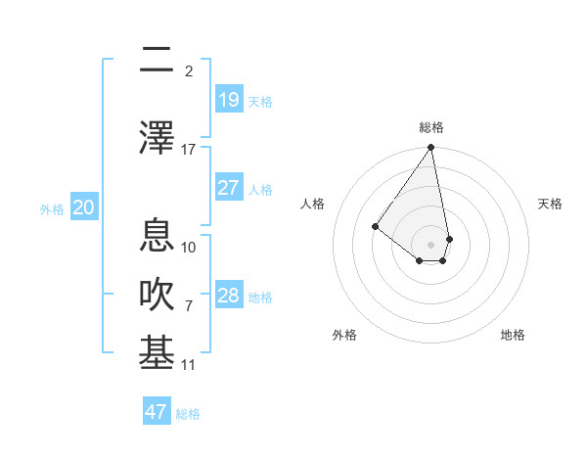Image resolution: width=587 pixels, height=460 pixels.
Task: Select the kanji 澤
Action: pyautogui.click(x=157, y=137)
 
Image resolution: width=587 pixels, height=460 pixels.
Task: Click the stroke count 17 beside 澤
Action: pyautogui.click(x=189, y=150)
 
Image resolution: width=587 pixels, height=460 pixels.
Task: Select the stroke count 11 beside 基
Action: pyautogui.click(x=189, y=365)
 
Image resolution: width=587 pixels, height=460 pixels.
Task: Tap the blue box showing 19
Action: pyautogui.click(x=229, y=100)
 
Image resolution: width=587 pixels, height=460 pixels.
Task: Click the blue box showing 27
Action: pyautogui.click(x=229, y=188)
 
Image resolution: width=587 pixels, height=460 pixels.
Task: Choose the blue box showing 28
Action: pyautogui.click(x=229, y=296)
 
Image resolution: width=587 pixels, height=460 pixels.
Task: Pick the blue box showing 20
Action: pyautogui.click(x=84, y=207)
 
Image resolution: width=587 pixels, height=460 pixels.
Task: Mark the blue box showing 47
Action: pyautogui.click(x=157, y=412)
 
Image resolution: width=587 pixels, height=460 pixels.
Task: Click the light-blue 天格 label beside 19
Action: pyautogui.click(x=260, y=102)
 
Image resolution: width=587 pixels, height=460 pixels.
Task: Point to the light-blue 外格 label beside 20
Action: pyautogui.click(x=52, y=208)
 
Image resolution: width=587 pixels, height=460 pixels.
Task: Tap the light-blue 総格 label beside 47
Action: pyautogui.click(x=188, y=414)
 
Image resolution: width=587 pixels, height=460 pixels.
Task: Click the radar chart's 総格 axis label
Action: pyautogui.click(x=431, y=127)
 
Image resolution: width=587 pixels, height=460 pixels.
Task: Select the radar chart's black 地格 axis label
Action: pyautogui.click(x=513, y=335)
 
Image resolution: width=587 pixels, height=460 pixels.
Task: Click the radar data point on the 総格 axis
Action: pyautogui.click(x=430, y=148)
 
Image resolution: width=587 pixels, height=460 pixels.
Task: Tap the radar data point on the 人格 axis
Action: pyautogui.click(x=375, y=227)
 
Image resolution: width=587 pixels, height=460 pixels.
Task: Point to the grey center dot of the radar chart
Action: pyautogui.click(x=430, y=244)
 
